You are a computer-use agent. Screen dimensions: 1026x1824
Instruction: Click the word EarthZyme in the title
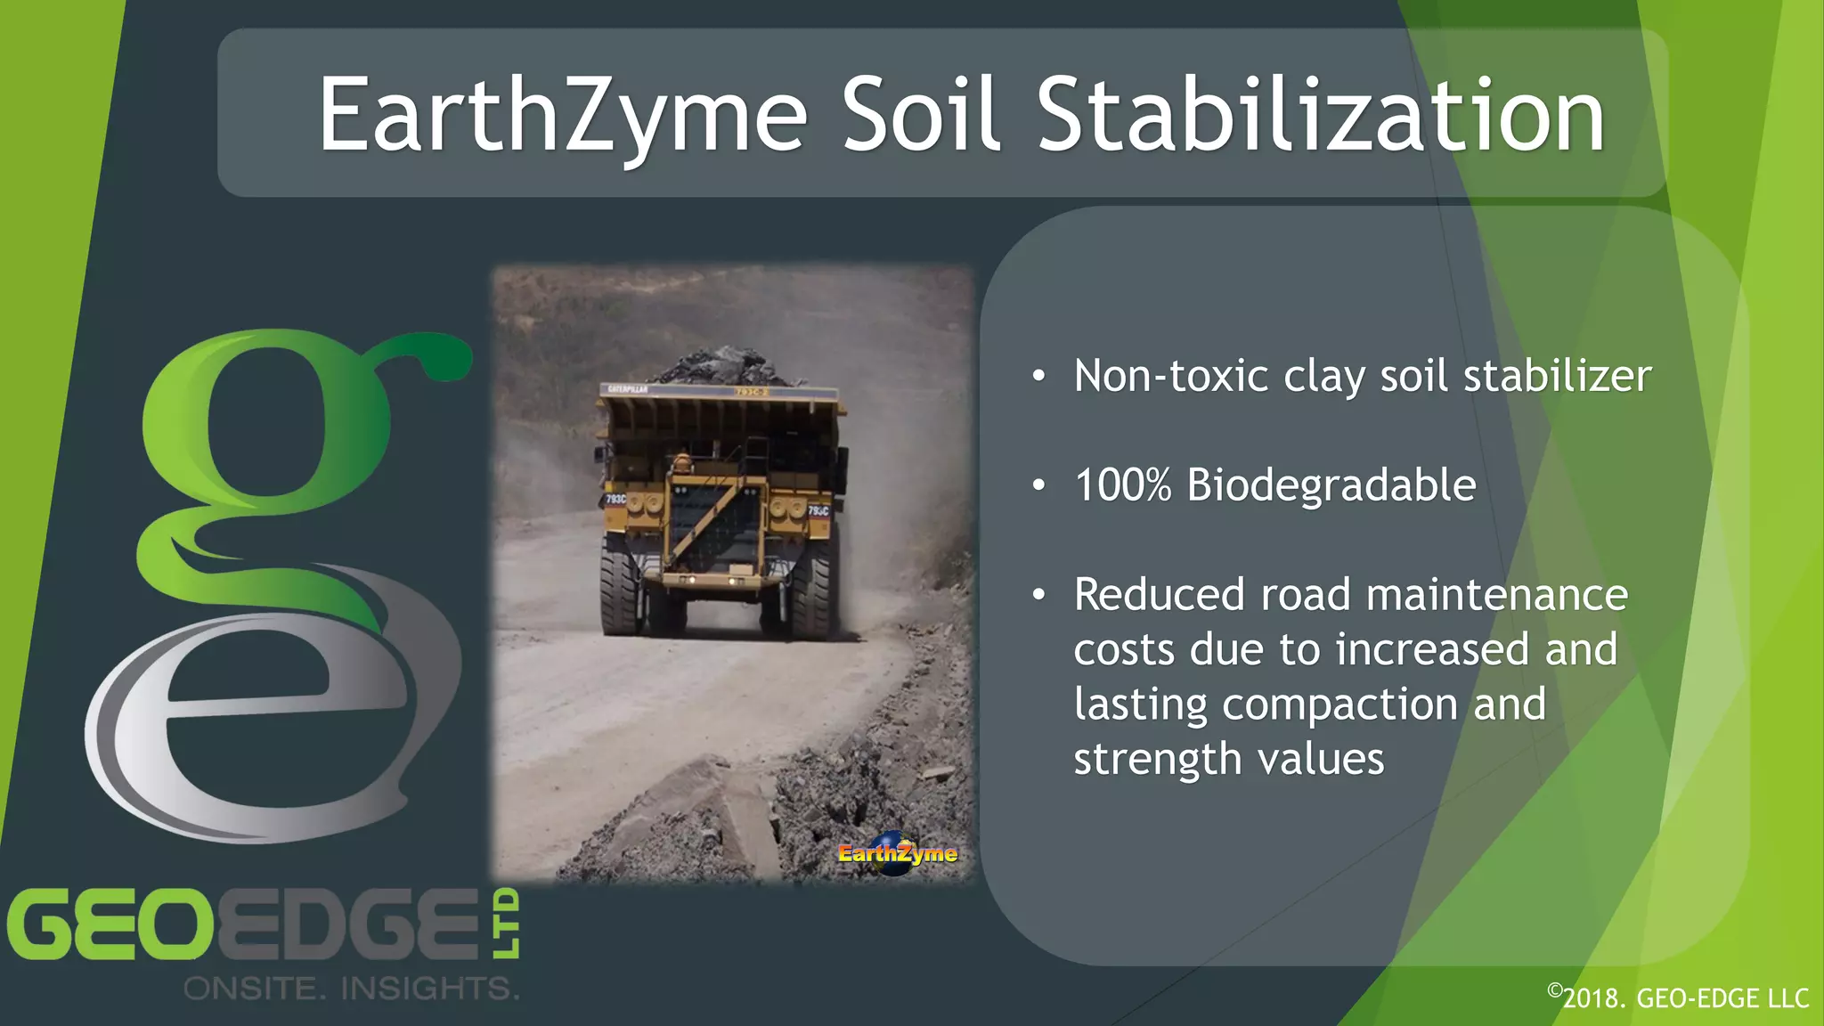[563, 116]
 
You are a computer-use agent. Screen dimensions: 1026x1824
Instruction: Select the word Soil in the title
[921, 116]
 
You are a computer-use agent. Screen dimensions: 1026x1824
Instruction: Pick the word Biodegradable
[1331, 485]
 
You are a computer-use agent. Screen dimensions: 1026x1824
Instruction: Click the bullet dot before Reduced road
[1038, 595]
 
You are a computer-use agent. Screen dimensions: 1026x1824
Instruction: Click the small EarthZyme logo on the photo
[897, 853]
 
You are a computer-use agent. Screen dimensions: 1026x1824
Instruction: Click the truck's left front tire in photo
[622, 592]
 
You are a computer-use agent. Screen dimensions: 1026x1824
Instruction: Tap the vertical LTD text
[506, 923]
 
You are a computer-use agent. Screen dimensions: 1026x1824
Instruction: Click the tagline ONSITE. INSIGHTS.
[351, 988]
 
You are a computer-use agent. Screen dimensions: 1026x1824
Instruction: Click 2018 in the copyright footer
[1592, 998]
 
